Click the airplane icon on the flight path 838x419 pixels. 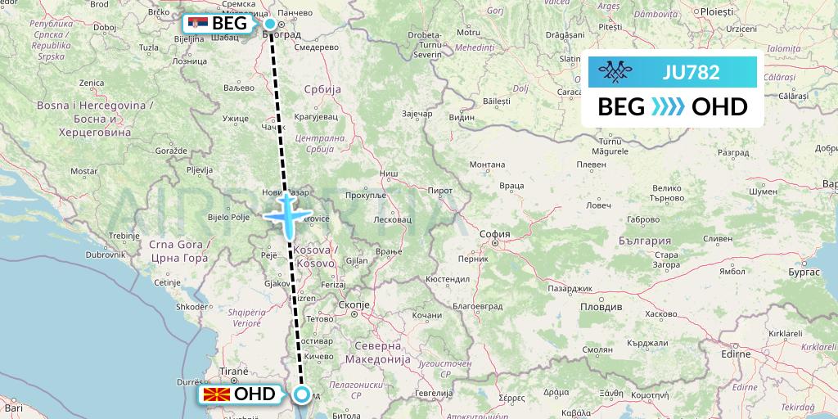click(x=288, y=214)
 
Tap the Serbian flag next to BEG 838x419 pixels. click(x=197, y=24)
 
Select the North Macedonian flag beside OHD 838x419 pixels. click(x=215, y=394)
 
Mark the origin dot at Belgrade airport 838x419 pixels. click(x=269, y=24)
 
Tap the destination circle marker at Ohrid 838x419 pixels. click(x=302, y=395)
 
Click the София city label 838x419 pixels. click(x=495, y=234)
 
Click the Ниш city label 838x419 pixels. click(x=389, y=173)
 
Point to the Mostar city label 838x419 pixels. click(x=84, y=171)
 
